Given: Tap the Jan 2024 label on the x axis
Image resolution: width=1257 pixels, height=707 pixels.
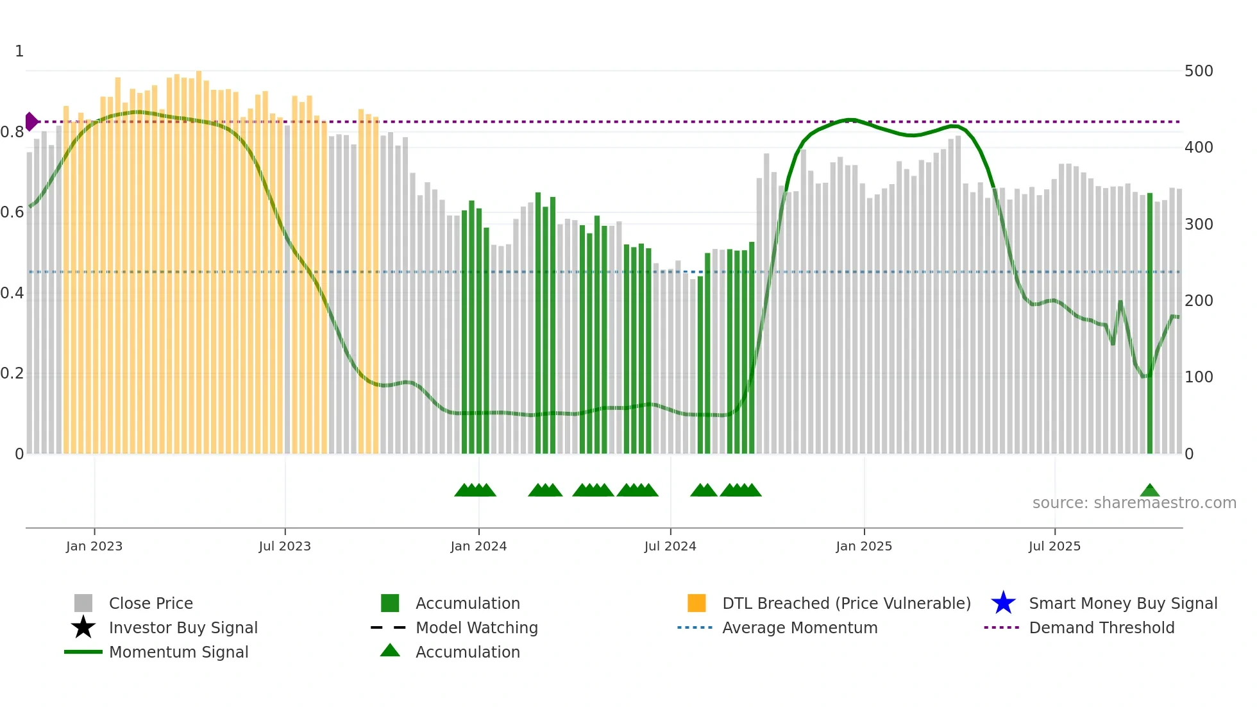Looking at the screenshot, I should [x=478, y=546].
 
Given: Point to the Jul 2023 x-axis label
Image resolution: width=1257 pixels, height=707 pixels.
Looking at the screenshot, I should [x=285, y=546].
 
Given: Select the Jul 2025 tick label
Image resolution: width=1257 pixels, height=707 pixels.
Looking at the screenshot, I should [x=1054, y=546].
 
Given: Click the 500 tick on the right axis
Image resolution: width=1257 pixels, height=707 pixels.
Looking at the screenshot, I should [x=1198, y=71].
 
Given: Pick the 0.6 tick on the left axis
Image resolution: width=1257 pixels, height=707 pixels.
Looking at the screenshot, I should [x=12, y=212].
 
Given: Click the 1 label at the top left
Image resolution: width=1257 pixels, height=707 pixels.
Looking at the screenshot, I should [x=19, y=51].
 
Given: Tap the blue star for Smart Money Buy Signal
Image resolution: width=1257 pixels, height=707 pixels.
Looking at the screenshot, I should [x=1003, y=603].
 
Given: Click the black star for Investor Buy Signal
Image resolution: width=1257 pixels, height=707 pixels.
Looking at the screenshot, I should [x=83, y=627].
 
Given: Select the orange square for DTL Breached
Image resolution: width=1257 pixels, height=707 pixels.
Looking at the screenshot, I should [x=696, y=603].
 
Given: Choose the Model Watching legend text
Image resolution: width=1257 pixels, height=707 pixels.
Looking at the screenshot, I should [x=477, y=627].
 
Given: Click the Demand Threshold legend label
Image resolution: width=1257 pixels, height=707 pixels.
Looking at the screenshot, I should [x=1101, y=627].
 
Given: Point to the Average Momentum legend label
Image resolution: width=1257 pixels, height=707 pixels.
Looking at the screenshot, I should [x=799, y=627].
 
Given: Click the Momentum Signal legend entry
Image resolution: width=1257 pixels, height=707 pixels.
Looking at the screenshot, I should [x=178, y=652].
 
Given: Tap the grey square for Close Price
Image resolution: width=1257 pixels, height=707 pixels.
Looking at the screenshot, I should [x=83, y=603].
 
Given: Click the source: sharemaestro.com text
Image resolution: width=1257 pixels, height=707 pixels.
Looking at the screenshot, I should [x=1134, y=503].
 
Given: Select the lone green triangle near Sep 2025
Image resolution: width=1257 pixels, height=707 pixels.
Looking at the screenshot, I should [x=1149, y=491].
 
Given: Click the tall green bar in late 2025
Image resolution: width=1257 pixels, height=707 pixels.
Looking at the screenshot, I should [x=1149, y=321].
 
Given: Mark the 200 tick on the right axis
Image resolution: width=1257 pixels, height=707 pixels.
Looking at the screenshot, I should [x=1198, y=301].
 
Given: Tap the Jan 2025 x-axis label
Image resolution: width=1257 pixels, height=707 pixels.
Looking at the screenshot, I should [x=863, y=546].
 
